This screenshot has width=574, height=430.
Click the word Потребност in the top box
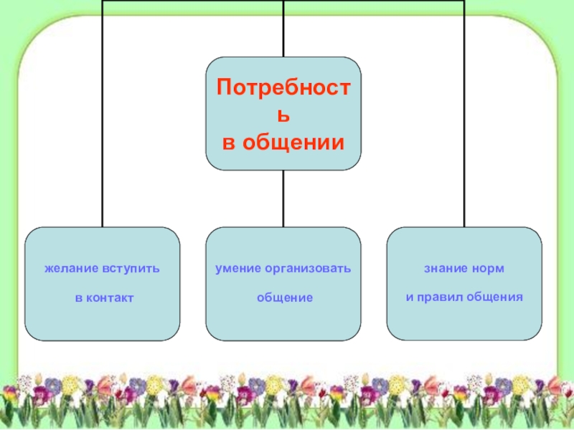click(x=284, y=89)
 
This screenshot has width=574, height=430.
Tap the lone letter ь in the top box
click(x=284, y=115)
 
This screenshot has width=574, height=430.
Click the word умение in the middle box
click(x=237, y=269)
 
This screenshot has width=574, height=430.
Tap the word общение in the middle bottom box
click(x=284, y=297)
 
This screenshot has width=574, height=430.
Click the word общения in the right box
click(x=494, y=297)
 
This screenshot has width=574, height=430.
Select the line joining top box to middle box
click(x=284, y=199)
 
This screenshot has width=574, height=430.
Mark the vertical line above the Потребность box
click(x=284, y=29)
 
